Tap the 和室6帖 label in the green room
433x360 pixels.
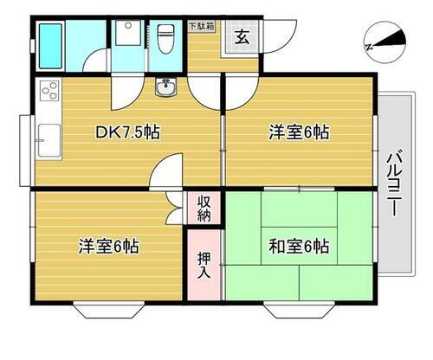tap(299, 245)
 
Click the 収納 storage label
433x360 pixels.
tap(204, 208)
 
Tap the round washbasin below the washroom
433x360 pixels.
tap(166, 86)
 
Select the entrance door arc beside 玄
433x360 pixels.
tap(274, 38)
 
